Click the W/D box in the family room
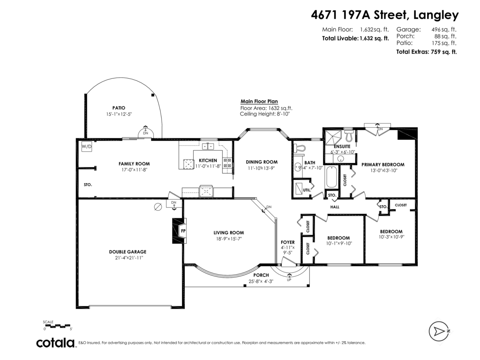point(87,147)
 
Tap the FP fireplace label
point(183,231)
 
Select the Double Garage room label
point(128,252)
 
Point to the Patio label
point(118,108)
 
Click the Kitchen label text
point(208,160)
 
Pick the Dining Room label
point(262,162)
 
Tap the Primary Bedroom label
point(383,164)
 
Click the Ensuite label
point(342,146)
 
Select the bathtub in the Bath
point(331,177)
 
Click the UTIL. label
point(307,190)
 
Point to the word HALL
point(335,207)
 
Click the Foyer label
point(288,242)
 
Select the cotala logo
point(56,343)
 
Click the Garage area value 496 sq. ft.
point(445,29)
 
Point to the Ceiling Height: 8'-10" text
point(264,114)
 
